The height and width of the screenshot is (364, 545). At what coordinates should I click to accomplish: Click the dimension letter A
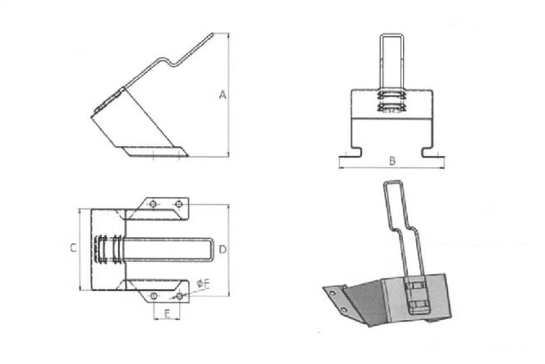coord(223,95)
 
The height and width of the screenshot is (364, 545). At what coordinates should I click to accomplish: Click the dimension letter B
coord(392,161)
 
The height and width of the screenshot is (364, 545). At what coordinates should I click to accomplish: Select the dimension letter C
coord(74,248)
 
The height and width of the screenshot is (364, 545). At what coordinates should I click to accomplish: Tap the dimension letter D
coord(223,249)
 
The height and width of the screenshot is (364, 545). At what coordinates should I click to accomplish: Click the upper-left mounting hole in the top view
coord(153,204)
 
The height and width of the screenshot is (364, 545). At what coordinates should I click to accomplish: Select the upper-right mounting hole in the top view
coord(179,204)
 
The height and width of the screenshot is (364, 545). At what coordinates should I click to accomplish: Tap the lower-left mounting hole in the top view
coord(154,296)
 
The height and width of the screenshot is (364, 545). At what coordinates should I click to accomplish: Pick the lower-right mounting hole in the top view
coord(179,296)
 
